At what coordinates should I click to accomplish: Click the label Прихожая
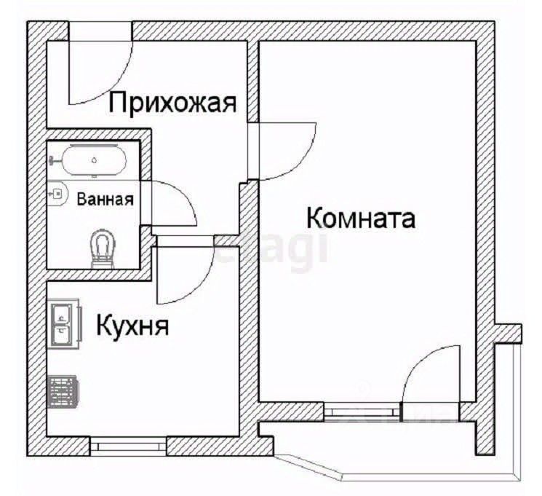(x=173, y=103)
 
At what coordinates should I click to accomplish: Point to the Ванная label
(x=105, y=198)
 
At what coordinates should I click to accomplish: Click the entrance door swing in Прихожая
(x=102, y=69)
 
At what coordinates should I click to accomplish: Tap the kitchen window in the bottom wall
(x=129, y=445)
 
